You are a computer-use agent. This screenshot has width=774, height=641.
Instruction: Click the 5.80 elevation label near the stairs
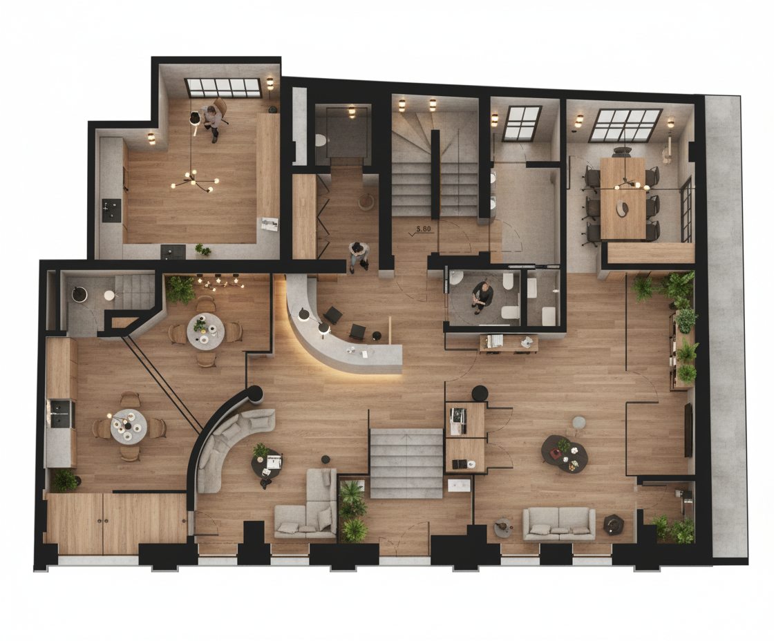tap(424, 229)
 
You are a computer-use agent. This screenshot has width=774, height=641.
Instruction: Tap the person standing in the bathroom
tap(482, 296)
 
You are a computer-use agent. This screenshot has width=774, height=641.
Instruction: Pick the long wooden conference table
tap(623, 198)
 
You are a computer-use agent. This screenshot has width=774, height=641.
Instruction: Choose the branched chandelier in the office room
tap(194, 181)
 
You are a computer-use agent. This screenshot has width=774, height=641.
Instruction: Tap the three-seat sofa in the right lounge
tap(559, 524)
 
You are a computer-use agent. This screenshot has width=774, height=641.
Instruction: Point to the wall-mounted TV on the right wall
tap(688, 430)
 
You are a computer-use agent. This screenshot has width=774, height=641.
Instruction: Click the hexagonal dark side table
tap(614, 524)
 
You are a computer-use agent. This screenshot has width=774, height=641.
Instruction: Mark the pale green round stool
tap(578, 423)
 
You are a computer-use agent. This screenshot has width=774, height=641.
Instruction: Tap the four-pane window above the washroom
tap(522, 122)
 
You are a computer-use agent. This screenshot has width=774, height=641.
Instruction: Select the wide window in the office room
tap(223, 88)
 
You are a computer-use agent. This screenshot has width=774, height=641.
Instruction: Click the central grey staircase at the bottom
tap(406, 463)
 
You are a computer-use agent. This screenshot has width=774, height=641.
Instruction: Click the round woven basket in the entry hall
tap(366, 202)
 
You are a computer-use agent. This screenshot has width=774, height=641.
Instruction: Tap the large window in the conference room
tap(626, 125)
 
